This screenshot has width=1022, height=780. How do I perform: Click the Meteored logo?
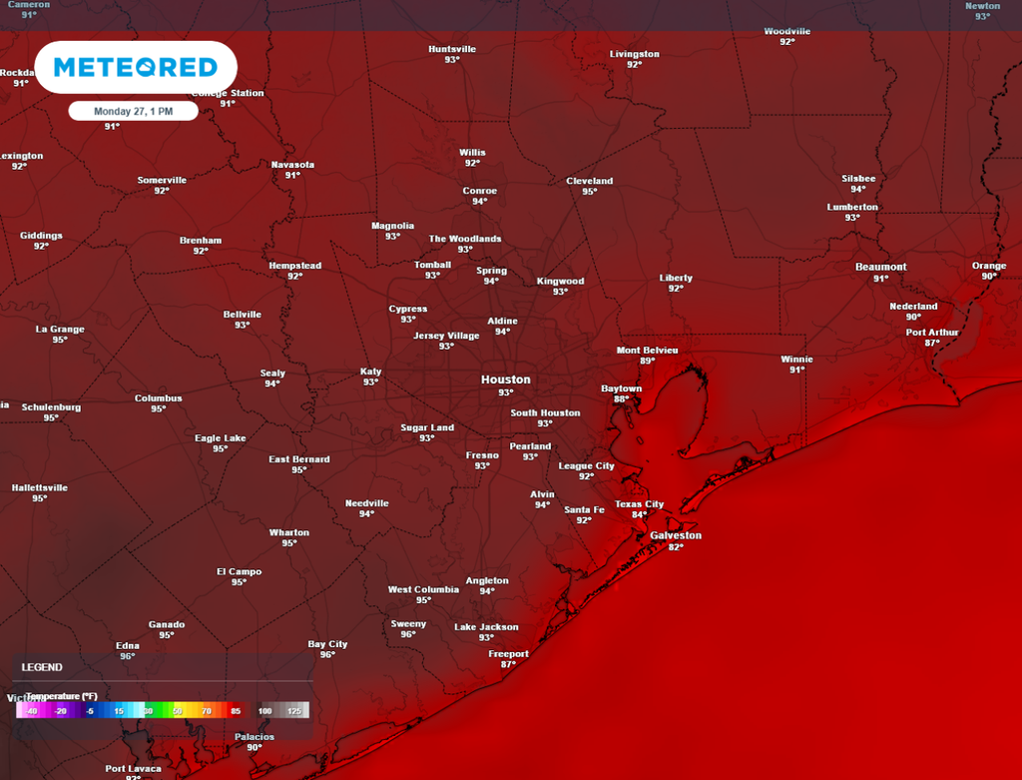pos(135,68)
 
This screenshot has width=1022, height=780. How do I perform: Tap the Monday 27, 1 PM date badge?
pos(133,112)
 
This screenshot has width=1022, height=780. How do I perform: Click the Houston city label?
pos(506,380)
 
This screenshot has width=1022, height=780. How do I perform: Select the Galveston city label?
pos(676,535)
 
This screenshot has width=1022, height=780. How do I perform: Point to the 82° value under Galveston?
pos(676,547)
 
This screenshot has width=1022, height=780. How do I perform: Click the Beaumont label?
pos(880,267)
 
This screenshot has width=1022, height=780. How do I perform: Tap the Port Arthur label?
pos(931,332)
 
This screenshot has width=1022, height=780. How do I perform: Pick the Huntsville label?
pos(452,49)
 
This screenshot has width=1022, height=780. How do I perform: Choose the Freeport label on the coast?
pos(508,653)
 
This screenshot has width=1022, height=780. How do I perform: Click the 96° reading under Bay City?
pos(327,655)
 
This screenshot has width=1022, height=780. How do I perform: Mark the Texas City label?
pos(639,504)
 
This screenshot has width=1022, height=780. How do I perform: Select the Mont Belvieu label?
pos(647,350)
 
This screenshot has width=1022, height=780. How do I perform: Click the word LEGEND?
pos(42,667)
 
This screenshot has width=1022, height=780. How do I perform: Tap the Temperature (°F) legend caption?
pos(62,696)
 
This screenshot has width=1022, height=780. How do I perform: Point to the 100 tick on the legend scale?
pos(264,711)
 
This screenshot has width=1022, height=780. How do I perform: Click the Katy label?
pos(370,372)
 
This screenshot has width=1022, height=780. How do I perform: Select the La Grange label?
pos(60,329)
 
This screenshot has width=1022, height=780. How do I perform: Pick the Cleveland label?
pos(589,181)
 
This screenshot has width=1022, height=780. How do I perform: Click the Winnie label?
pos(796,359)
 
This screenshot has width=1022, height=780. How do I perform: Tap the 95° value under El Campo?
pos(239,582)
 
